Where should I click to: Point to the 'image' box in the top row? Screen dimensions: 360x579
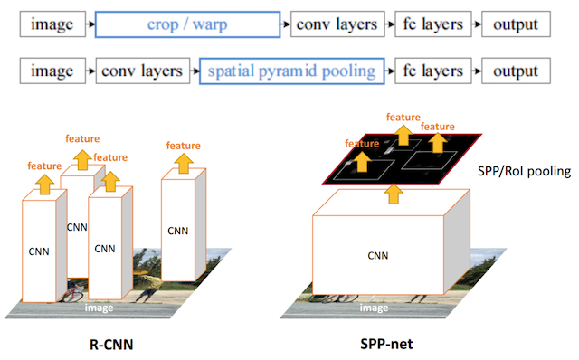[x=51, y=24]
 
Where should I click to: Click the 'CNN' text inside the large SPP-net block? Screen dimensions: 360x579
[x=378, y=256]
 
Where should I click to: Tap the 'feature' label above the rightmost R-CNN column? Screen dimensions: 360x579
[x=184, y=145]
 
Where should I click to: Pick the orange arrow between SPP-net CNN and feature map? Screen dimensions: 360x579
[x=390, y=192]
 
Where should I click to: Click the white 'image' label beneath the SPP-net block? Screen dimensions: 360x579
[x=375, y=308]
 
